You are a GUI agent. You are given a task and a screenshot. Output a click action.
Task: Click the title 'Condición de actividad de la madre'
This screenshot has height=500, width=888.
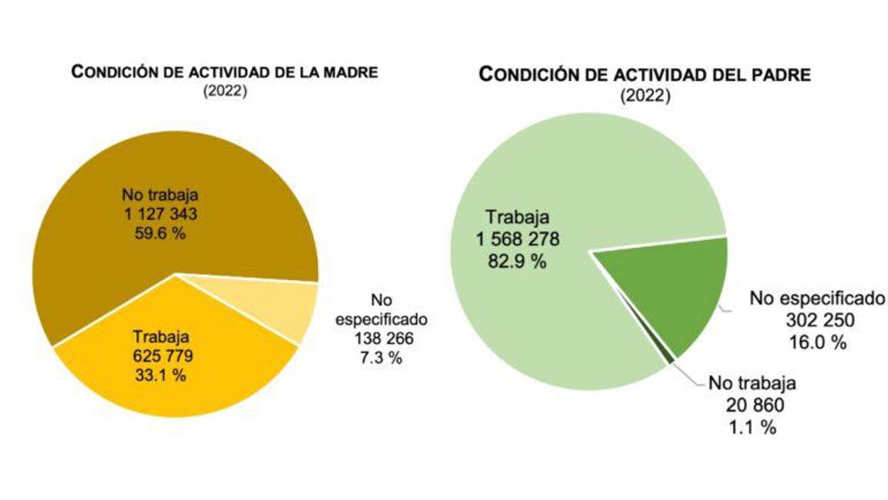coord(224,73)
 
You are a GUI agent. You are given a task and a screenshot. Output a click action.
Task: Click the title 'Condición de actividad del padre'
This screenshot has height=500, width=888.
coord(645,75)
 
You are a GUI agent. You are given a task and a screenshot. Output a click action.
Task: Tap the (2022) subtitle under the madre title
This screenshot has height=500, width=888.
coord(224,90)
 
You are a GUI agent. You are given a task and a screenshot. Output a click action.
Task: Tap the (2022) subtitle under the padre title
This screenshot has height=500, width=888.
coord(645,96)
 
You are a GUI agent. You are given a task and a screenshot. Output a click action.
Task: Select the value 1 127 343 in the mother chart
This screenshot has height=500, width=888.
coord(155,214)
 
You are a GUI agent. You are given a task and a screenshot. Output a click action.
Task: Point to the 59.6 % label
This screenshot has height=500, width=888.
coord(155,232)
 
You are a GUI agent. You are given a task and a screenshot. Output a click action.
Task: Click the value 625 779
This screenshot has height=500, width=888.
coord(160,356)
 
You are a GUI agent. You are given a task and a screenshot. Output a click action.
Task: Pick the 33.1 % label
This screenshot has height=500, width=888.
coord(160,376)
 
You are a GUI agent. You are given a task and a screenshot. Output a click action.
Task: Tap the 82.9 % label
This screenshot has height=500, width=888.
coord(516,262)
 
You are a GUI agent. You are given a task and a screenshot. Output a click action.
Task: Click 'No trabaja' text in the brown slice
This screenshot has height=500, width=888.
coord(155,194)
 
